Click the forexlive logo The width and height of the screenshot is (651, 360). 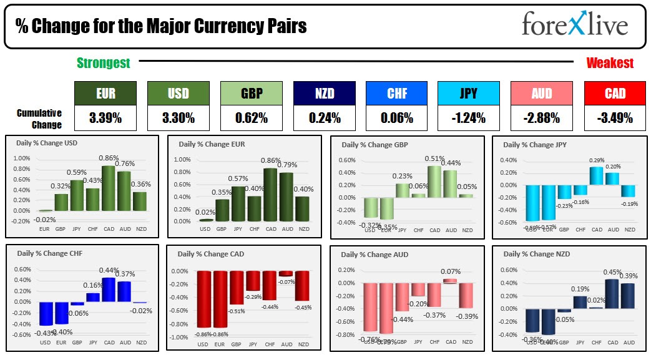(574, 26)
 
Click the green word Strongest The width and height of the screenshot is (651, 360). (103, 63)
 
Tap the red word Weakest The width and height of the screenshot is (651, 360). (610, 63)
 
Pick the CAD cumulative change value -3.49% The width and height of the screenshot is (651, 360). (614, 117)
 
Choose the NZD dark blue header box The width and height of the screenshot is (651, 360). (323, 94)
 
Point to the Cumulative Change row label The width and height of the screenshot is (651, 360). (39, 119)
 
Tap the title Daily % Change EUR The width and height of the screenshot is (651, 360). (212, 144)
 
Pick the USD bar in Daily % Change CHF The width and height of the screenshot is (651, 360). (45, 314)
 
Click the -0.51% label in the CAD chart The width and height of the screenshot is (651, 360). (236, 310)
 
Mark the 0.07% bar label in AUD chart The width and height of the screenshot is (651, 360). (451, 271)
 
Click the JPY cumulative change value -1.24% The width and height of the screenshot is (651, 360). (469, 117)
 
